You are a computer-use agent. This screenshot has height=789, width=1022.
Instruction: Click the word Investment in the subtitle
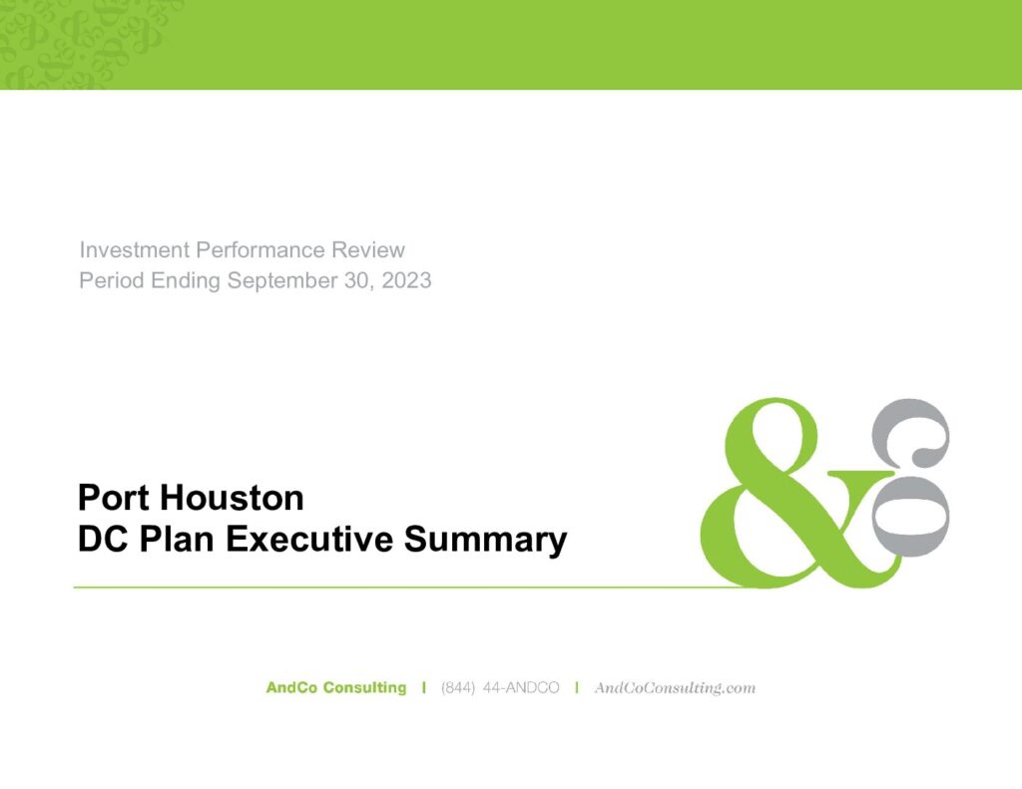pyautogui.click(x=135, y=249)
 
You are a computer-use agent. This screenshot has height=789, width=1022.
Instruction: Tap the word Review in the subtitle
pyautogui.click(x=368, y=249)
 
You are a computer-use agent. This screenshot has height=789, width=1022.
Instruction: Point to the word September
pyautogui.click(x=281, y=281)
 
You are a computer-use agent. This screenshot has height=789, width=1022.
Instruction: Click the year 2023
pyautogui.click(x=407, y=280)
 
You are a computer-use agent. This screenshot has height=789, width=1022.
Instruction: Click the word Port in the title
pyautogui.click(x=115, y=498)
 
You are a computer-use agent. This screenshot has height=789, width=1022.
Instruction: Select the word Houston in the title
pyautogui.click(x=232, y=498)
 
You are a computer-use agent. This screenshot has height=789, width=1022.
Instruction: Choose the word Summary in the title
pyautogui.click(x=485, y=541)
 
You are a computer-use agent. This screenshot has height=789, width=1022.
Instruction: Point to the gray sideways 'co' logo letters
pyautogui.click(x=911, y=477)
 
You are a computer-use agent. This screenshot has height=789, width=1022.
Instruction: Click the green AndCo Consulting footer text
pyautogui.click(x=335, y=688)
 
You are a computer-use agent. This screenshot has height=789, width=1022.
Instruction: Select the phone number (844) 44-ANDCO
pyautogui.click(x=500, y=688)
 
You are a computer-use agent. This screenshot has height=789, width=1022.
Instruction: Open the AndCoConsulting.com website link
pyautogui.click(x=675, y=688)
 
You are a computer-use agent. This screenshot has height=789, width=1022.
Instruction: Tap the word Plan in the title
pyautogui.click(x=177, y=540)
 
